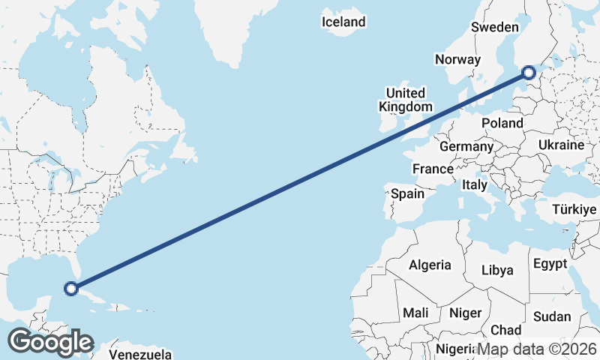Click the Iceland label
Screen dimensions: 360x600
click(x=343, y=22)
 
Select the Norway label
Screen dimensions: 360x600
click(x=457, y=60)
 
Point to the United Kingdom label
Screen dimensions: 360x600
click(x=405, y=100)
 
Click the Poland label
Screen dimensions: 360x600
click(x=502, y=123)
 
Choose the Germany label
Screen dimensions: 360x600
click(x=466, y=146)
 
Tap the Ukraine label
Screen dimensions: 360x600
click(x=561, y=145)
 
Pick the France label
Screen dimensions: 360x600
click(x=433, y=169)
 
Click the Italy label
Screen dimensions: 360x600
click(x=474, y=184)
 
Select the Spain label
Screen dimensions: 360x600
click(x=407, y=193)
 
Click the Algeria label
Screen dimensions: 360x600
click(x=430, y=265)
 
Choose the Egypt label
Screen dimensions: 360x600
click(x=550, y=264)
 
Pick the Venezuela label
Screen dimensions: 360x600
click(x=140, y=354)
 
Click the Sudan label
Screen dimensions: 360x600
click(x=551, y=316)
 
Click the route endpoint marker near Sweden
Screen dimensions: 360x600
click(x=528, y=73)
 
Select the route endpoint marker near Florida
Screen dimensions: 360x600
click(x=71, y=288)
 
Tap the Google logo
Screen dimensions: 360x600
click(x=50, y=341)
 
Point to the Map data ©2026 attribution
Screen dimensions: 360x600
click(x=537, y=349)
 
